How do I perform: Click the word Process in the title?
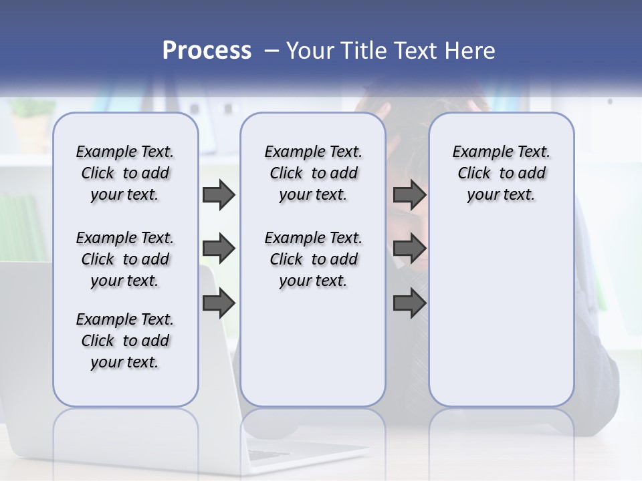pos(207,50)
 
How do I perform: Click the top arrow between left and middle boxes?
pos(219,194)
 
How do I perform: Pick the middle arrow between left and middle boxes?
pos(219,249)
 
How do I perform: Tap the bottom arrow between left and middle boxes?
pos(219,304)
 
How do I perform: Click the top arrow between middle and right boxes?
pos(409,194)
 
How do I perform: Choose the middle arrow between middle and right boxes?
pos(409,249)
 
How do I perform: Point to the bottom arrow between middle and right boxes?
pos(409,304)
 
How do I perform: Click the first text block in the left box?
pos(125,173)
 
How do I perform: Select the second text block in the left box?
pos(125,259)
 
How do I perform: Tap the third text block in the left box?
pos(125,341)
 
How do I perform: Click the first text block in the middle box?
pos(313,173)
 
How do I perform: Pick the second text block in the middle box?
pos(313,259)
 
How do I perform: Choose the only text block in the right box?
pos(501,173)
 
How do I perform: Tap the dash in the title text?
pos(272,51)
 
